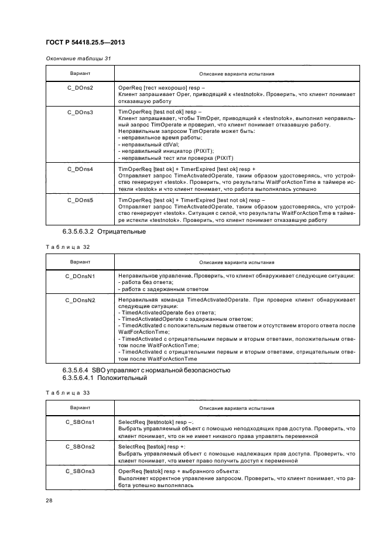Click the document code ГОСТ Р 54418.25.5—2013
tap(85, 43)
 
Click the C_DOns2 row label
tap(80, 87)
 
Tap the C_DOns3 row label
tap(80, 111)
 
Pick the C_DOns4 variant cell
tap(80, 169)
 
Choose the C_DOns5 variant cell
tap(80, 201)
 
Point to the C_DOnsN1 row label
tap(80, 275)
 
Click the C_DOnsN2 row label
tap(80, 300)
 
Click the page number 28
tap(49, 501)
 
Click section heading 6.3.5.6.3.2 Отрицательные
tap(104, 232)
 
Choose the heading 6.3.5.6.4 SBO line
tap(146, 370)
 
